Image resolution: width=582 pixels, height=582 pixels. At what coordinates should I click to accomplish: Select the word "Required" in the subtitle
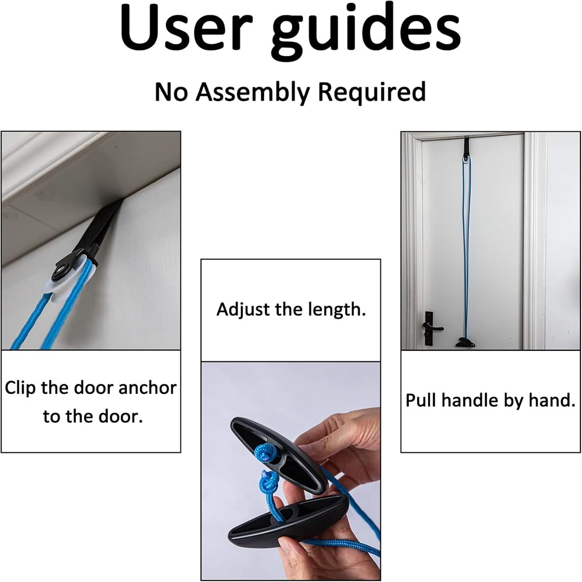[371, 92]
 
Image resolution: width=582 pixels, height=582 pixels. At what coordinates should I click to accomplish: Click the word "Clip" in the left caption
[21, 388]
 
